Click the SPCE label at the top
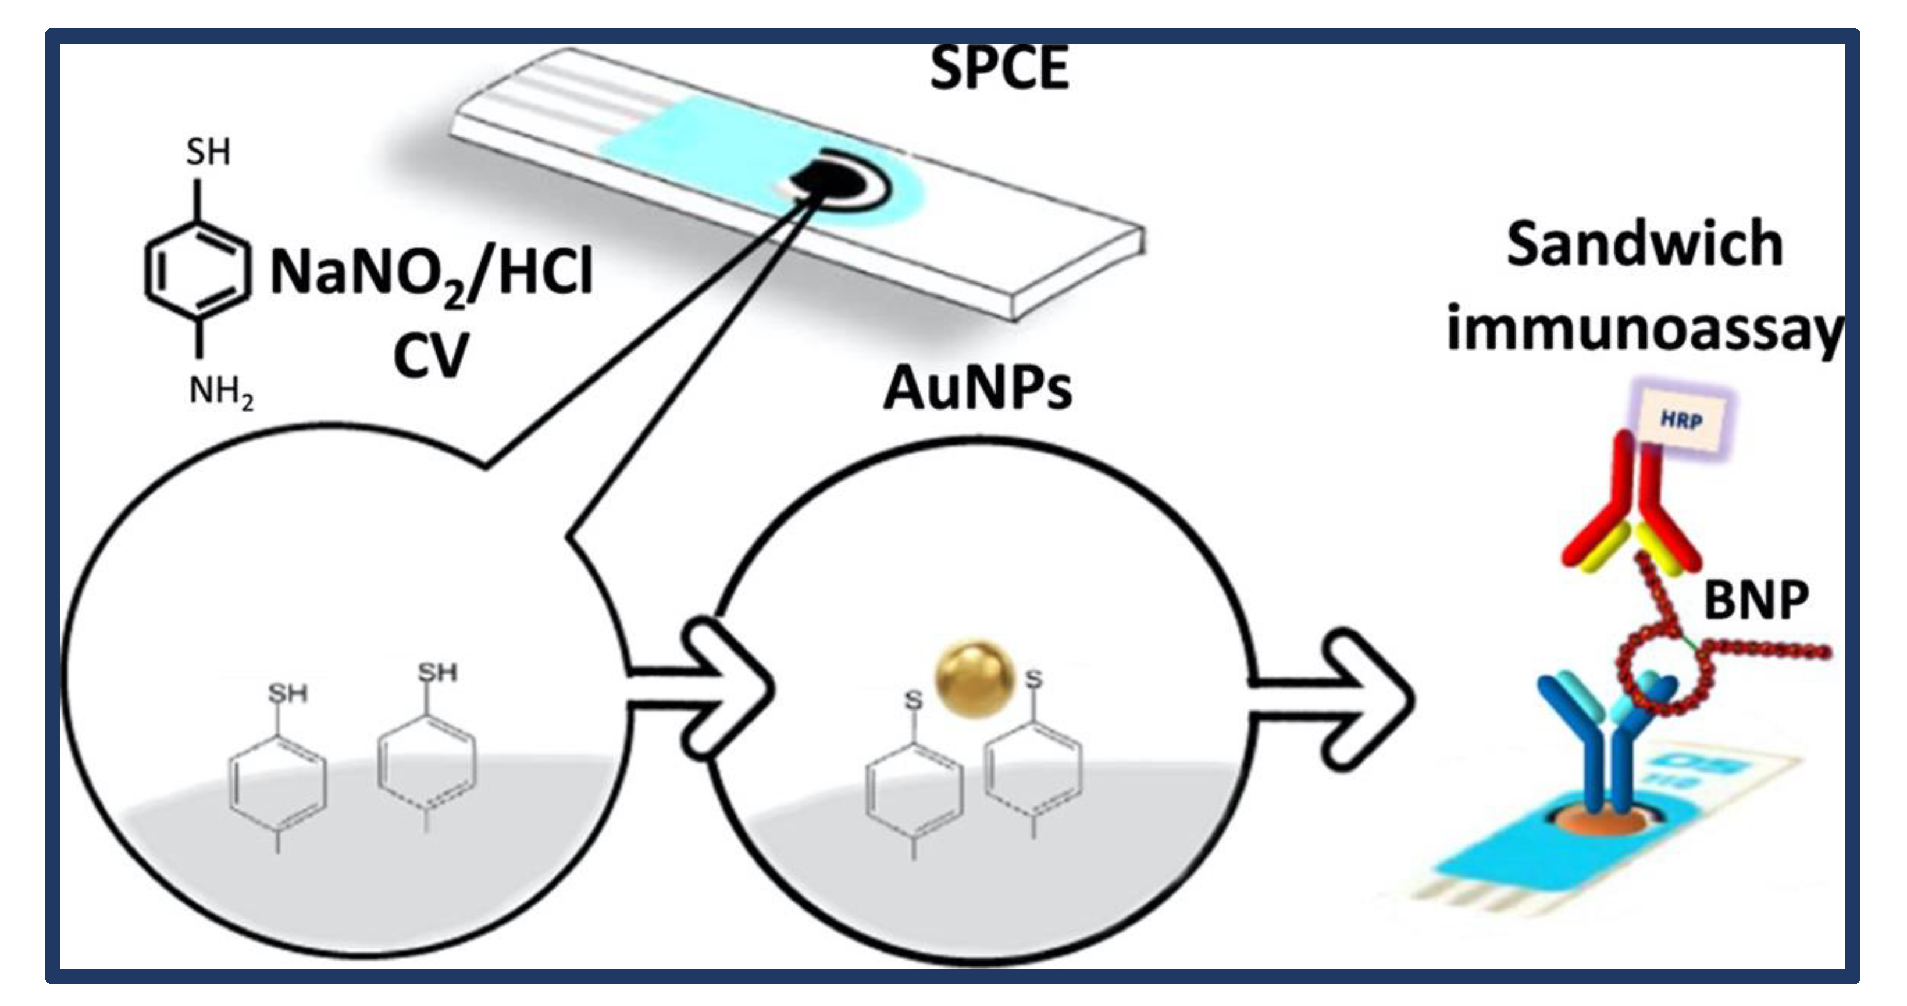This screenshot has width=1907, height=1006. click(999, 68)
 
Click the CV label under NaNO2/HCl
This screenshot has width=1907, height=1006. click(430, 356)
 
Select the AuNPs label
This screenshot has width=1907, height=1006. click(977, 388)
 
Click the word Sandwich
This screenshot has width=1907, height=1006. click(1644, 244)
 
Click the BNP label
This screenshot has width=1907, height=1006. click(1756, 600)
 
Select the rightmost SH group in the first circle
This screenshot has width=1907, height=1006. click(437, 672)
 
